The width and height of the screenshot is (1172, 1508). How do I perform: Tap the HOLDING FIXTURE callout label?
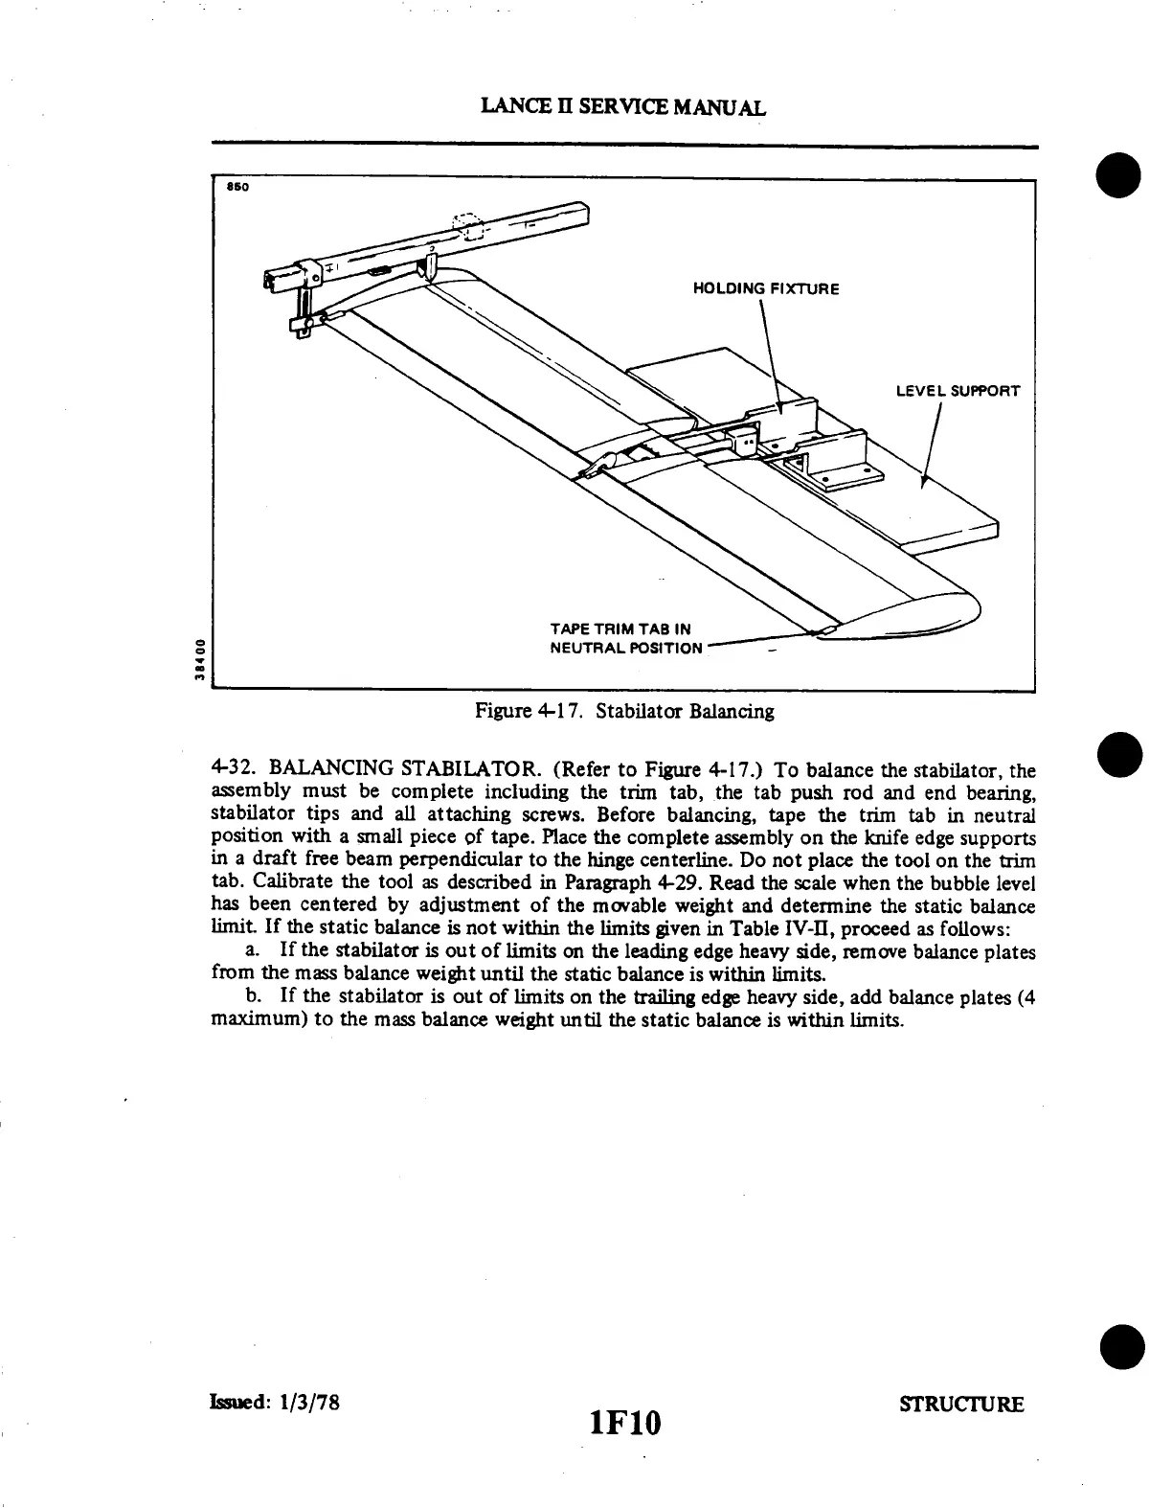tap(766, 288)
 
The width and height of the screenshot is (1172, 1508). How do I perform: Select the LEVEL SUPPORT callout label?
tap(958, 391)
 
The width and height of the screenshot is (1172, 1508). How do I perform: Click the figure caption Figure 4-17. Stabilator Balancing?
tap(624, 711)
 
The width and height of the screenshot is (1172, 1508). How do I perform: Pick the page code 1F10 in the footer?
tap(626, 1422)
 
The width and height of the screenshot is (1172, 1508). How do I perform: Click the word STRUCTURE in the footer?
tap(961, 1405)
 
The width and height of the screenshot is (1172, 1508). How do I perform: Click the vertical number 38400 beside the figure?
tap(197, 658)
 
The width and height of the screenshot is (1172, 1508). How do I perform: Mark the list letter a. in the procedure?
tap(254, 951)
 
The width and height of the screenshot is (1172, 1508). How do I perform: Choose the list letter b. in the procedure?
tap(254, 997)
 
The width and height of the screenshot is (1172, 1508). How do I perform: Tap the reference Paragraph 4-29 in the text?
tap(567, 882)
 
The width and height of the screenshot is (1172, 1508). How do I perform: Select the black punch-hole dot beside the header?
tap(1118, 177)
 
